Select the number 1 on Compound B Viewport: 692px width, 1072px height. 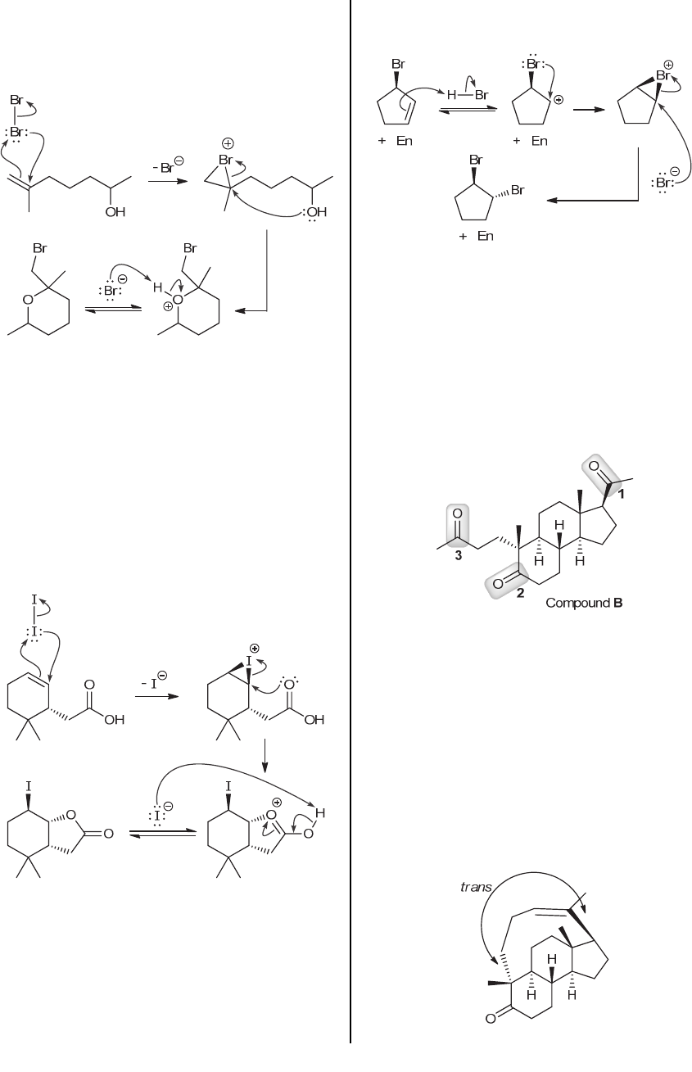point(622,494)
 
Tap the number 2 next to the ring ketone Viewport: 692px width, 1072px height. point(519,595)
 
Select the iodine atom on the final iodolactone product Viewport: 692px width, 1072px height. point(29,787)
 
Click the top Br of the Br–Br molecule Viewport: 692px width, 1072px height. point(16,100)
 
